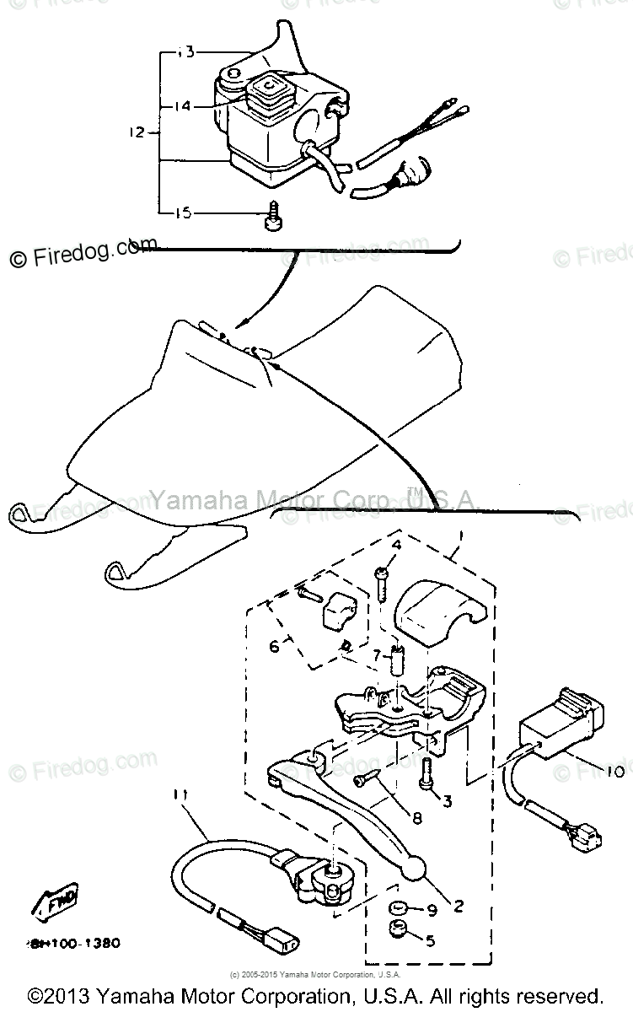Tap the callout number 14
tap(183, 106)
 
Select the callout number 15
tap(182, 213)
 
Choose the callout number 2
tap(458, 907)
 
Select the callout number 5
tap(431, 939)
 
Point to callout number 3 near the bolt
tap(448, 800)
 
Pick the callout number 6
tap(274, 647)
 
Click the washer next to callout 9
tap(395, 908)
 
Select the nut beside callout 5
tap(397, 932)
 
